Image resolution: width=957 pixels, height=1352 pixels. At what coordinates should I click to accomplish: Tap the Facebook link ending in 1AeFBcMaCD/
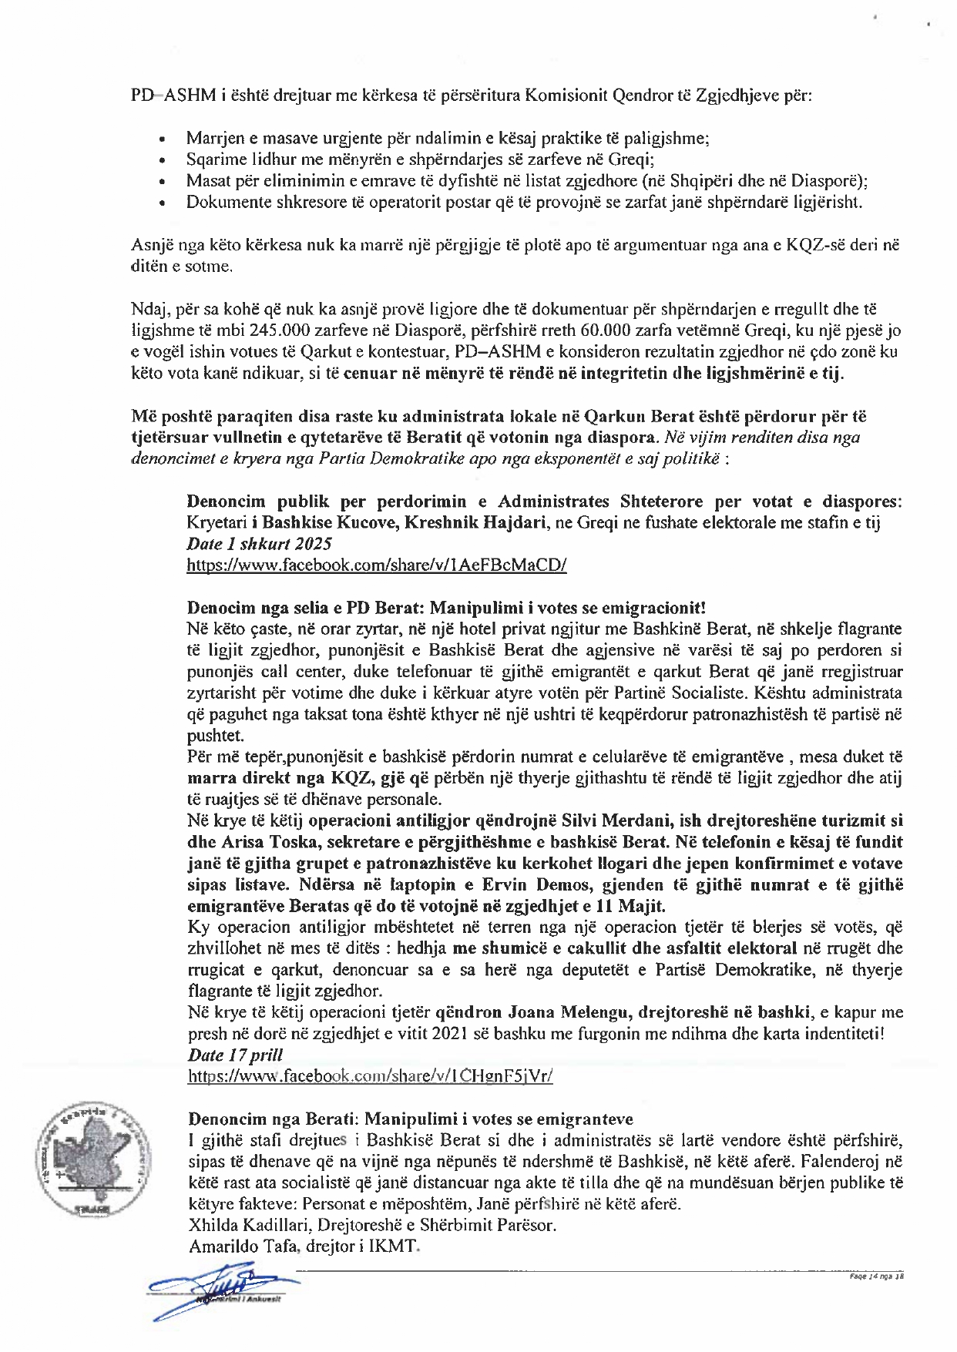(377, 565)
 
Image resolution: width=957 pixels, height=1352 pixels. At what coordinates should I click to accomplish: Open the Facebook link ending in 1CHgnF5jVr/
(370, 1075)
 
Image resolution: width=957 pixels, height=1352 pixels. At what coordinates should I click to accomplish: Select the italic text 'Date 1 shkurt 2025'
(259, 543)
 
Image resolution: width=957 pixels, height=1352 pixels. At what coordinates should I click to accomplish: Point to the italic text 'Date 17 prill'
(236, 1055)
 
